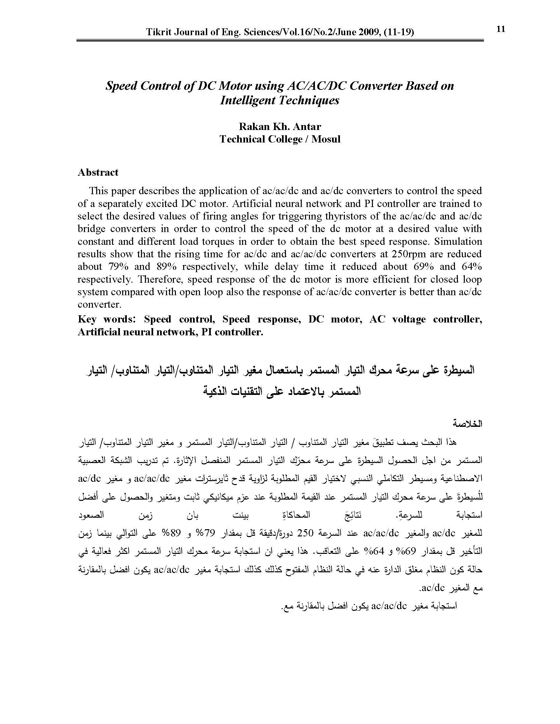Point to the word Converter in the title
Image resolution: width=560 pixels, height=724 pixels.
375,86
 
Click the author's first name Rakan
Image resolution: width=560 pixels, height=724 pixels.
252,126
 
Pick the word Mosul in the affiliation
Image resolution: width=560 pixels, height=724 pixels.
326,139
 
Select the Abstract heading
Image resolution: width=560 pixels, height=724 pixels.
98,172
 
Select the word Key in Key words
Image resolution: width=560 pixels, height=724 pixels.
87,319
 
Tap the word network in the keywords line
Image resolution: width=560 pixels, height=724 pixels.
177,332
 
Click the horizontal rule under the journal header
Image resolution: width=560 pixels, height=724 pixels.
280,40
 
